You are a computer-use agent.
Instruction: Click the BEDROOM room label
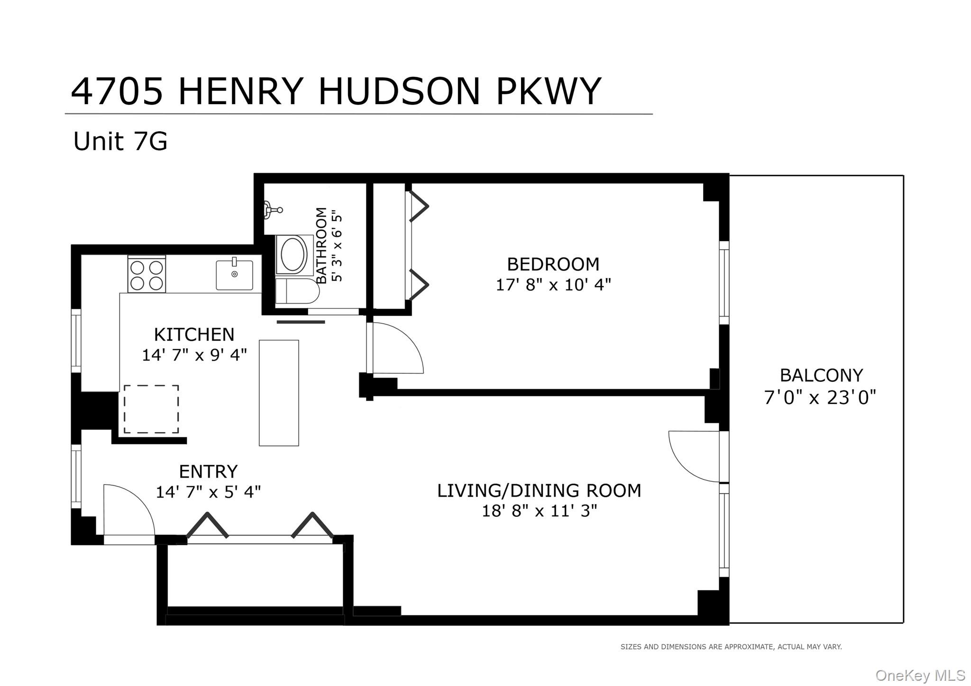pyautogui.click(x=553, y=264)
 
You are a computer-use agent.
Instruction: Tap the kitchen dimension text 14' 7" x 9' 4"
pyautogui.click(x=194, y=355)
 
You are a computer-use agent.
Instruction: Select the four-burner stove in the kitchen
pyautogui.click(x=147, y=275)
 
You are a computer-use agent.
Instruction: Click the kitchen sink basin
pyautogui.click(x=234, y=275)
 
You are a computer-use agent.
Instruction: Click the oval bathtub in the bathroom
pyautogui.click(x=294, y=254)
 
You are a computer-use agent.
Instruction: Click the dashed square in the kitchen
pyautogui.click(x=151, y=409)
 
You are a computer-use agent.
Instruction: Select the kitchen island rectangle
pyautogui.click(x=279, y=393)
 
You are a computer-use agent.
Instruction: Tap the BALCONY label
pyautogui.click(x=821, y=376)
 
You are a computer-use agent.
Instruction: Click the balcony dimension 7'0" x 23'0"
pyautogui.click(x=820, y=397)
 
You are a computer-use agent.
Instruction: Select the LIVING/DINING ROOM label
pyautogui.click(x=539, y=490)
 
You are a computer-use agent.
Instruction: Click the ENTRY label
pyautogui.click(x=208, y=471)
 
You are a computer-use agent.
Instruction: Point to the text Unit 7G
pyautogui.click(x=120, y=141)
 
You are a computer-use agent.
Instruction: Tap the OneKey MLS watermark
pyautogui.click(x=920, y=675)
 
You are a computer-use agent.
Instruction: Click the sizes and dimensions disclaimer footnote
pyautogui.click(x=731, y=647)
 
